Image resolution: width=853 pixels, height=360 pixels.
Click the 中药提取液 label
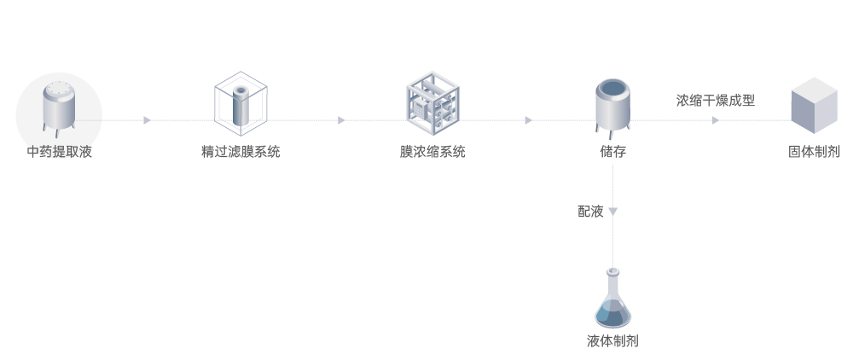(59, 153)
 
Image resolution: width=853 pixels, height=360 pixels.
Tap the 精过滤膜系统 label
(241, 153)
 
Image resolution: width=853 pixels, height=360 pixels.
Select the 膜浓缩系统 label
(432, 153)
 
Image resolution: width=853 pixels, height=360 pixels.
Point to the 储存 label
(613, 153)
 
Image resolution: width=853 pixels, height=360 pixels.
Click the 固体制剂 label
(814, 153)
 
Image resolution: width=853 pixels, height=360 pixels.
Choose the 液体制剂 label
(612, 341)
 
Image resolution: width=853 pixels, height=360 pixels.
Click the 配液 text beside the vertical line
(590, 212)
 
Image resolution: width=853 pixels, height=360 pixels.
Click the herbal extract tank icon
(59, 109)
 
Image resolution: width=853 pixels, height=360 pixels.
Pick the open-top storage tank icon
(613, 106)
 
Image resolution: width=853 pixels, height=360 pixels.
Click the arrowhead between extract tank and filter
(147, 120)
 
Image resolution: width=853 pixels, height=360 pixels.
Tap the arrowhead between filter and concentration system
(341, 120)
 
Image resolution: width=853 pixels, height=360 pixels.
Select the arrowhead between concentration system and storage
(528, 120)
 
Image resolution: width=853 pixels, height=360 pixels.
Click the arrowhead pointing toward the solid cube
(715, 120)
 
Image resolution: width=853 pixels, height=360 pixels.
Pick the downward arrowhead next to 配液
(613, 212)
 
